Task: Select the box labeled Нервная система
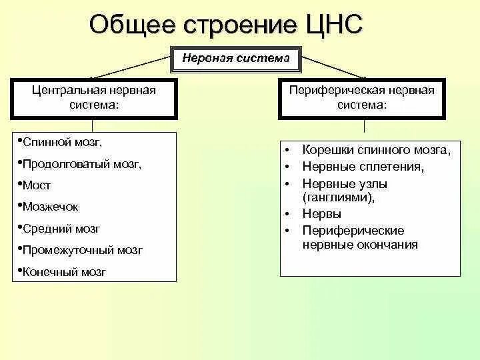tap(236, 58)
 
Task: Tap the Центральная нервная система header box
tap(94, 98)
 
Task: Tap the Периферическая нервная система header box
tap(370, 98)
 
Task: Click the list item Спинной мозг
tap(63, 142)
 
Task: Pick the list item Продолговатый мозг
tap(82, 163)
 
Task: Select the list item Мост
tap(37, 185)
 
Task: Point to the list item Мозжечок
tap(50, 207)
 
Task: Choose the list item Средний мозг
tap(61, 229)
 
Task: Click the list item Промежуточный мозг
tap(82, 250)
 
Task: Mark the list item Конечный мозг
tap(64, 272)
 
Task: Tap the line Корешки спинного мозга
tap(377, 150)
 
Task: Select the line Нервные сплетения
tap(363, 166)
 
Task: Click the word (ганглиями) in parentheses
tap(338, 197)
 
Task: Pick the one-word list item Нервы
tap(322, 214)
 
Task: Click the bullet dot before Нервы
tap(285, 215)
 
